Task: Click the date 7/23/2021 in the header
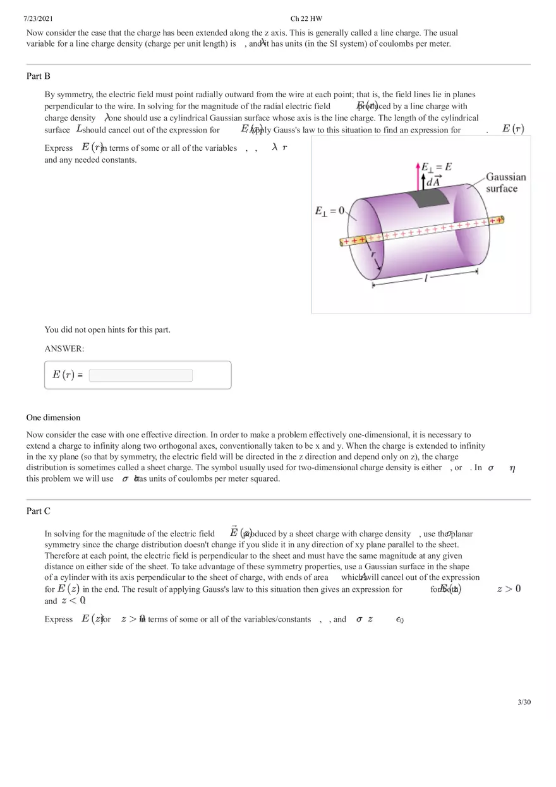click(38, 19)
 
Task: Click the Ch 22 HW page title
click(306, 19)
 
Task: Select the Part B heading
click(39, 76)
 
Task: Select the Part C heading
click(39, 511)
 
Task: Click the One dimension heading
click(54, 418)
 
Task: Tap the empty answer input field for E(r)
click(141, 376)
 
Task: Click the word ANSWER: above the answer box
click(64, 349)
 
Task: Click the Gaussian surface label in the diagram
click(505, 183)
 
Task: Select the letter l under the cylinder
click(426, 279)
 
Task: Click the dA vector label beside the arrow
click(433, 181)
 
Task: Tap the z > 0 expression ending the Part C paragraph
click(509, 589)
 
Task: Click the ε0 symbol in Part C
click(399, 620)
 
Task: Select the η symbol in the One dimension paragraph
click(512, 468)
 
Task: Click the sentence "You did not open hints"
click(107, 329)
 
